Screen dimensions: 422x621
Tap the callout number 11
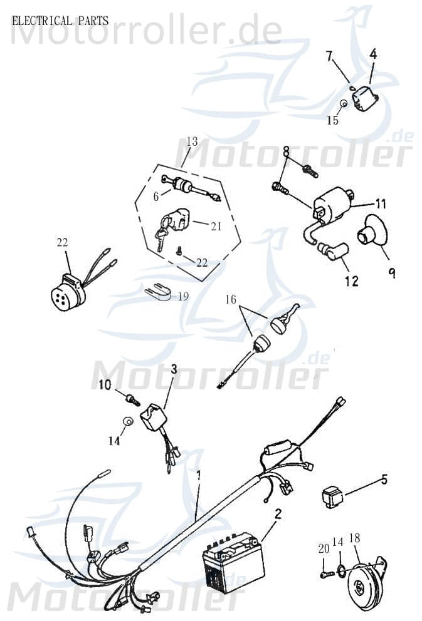pos(381,204)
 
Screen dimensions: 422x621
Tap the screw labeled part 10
pos(133,399)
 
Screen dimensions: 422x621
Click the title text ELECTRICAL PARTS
pos(60,21)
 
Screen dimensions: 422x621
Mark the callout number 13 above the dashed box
pos(192,141)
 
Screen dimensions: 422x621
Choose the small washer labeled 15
pos(344,104)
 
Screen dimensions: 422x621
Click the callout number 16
pos(231,299)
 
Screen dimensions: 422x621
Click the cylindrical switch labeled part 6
pos(183,185)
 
